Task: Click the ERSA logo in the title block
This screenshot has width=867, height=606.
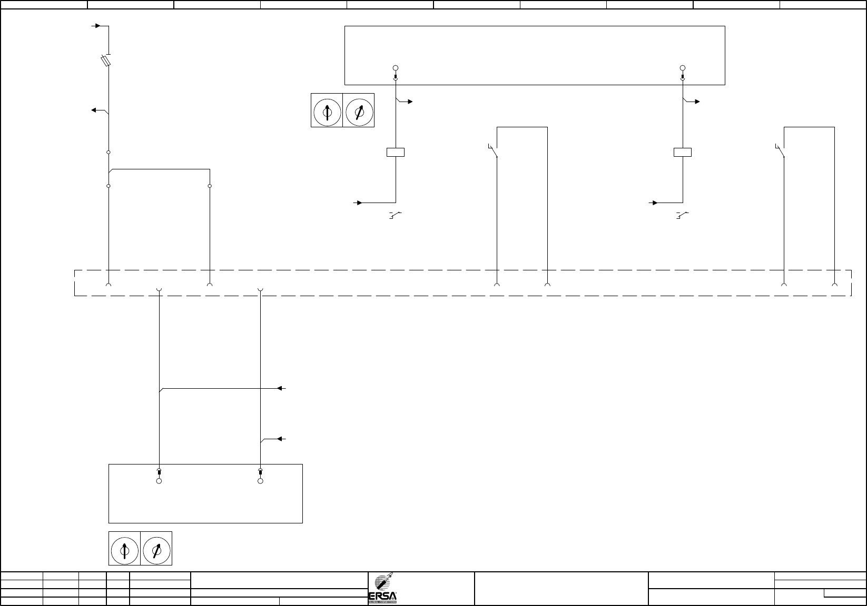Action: coord(386,589)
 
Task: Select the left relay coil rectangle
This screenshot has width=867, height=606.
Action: coord(396,153)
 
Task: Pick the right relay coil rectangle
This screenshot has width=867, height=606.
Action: coord(683,153)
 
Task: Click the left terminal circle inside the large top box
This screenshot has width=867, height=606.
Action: coord(396,68)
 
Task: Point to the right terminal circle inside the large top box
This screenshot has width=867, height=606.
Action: coord(683,68)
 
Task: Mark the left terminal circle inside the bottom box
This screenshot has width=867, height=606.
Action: coord(159,481)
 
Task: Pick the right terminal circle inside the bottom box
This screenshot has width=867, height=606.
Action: coord(260,481)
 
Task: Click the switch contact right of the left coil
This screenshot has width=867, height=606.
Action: coord(494,151)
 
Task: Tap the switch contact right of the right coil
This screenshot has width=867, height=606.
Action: coord(781,151)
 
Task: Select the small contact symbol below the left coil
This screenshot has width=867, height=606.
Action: coord(395,215)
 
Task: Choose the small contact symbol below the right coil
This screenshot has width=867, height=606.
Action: coord(682,215)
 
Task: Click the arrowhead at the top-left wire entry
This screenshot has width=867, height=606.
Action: coord(97,25)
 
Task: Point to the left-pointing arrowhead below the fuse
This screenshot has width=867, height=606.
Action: coord(93,110)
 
